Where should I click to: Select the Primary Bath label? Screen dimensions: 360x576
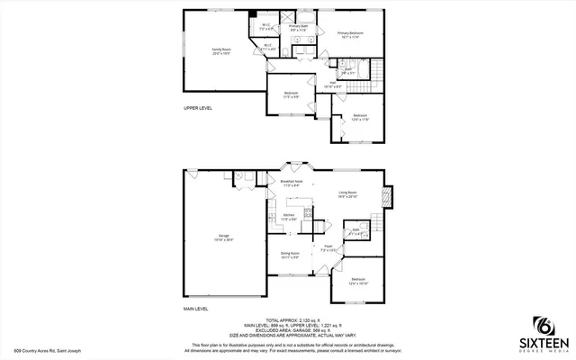(x=298, y=28)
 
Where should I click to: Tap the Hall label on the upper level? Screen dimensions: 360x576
(x=334, y=83)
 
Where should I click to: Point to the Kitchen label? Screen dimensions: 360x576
(x=289, y=217)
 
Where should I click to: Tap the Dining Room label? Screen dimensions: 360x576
(x=289, y=256)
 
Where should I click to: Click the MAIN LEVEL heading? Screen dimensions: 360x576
(x=196, y=309)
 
